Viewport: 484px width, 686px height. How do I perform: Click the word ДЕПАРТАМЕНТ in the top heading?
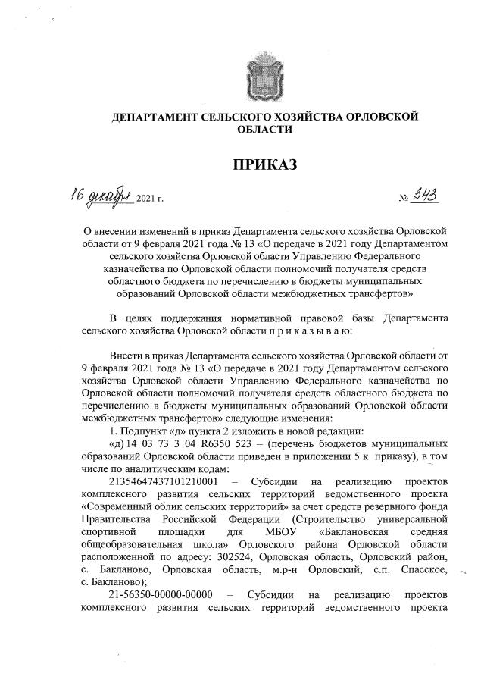[156, 117]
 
